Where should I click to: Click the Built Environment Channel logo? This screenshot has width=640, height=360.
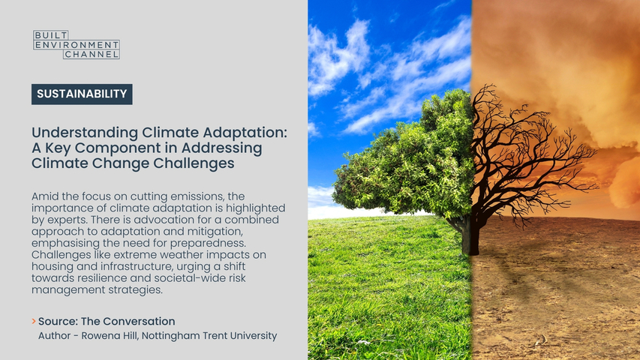[77, 44]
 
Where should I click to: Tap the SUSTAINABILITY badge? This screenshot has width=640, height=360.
[82, 94]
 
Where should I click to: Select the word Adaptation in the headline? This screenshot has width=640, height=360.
[245, 133]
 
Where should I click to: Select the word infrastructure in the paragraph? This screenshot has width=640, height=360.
[173, 266]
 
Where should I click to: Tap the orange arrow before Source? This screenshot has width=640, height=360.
[34, 321]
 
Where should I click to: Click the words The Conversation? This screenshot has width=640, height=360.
[128, 321]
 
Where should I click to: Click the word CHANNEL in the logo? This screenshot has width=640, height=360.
[92, 54]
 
